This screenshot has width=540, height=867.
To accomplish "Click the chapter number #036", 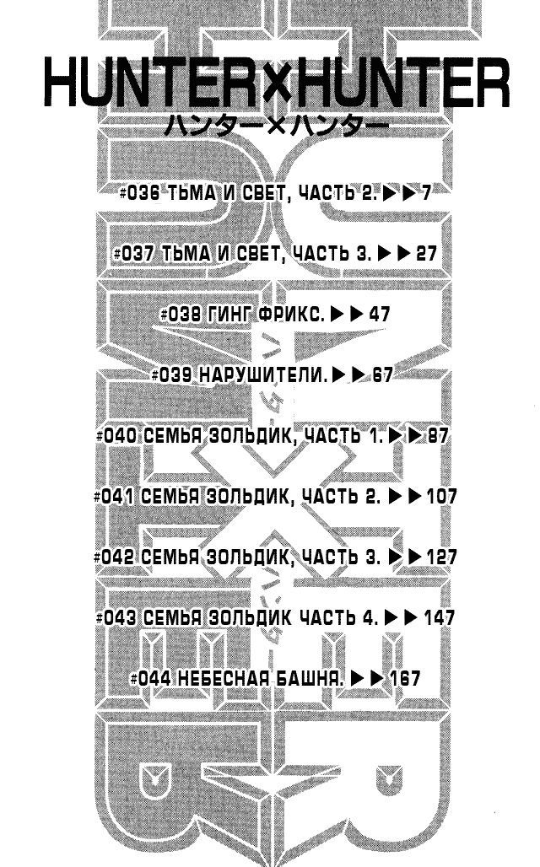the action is [139, 193].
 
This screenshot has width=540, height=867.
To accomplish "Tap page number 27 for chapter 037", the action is [426, 253].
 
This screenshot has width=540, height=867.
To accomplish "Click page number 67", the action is [382, 375].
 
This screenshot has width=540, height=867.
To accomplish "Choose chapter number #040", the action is [116, 436].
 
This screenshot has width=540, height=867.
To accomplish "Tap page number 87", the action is [437, 436].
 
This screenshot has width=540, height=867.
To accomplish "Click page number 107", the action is [441, 497].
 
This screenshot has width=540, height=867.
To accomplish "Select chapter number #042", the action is [114, 557].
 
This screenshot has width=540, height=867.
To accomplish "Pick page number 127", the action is [441, 557].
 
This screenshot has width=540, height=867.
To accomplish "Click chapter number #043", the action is [116, 617].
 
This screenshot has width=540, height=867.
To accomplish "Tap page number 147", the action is [440, 617].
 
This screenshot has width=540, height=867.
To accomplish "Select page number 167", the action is [405, 678].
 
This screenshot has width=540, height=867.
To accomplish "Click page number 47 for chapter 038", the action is [379, 314].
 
